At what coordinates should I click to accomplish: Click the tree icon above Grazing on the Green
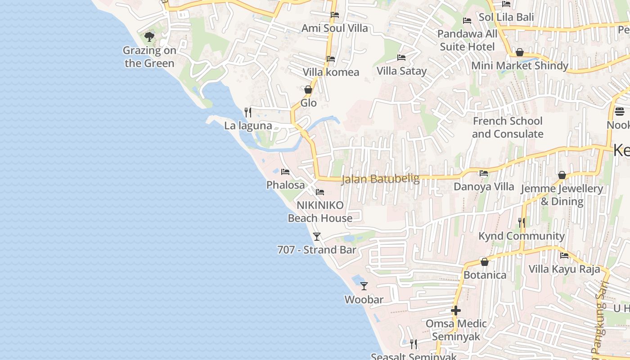click(149, 36)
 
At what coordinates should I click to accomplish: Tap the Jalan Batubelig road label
click(380, 179)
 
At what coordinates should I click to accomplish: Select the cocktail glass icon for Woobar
click(364, 286)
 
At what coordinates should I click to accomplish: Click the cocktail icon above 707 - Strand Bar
click(317, 236)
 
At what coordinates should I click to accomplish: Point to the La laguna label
click(248, 126)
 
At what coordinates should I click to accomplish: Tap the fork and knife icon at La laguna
click(248, 112)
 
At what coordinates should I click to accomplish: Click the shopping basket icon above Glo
click(308, 90)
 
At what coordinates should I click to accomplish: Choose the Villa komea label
click(331, 72)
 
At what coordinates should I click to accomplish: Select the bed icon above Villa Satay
click(401, 58)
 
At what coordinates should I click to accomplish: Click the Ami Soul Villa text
click(334, 28)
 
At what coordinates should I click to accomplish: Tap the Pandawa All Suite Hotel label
click(467, 40)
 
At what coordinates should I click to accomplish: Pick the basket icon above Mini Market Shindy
click(520, 52)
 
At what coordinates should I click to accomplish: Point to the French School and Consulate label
click(508, 127)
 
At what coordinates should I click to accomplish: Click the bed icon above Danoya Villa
click(484, 173)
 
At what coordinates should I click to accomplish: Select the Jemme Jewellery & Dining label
click(562, 195)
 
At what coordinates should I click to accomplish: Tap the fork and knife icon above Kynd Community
click(522, 222)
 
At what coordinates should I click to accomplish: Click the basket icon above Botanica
click(485, 261)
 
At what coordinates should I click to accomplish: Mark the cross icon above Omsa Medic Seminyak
click(456, 310)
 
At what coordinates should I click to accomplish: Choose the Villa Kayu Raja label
click(564, 269)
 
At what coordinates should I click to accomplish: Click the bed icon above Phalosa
click(285, 171)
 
